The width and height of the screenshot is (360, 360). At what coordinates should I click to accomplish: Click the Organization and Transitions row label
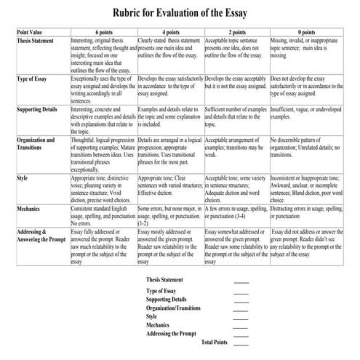[36, 142]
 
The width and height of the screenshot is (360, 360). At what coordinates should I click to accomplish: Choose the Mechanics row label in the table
[28, 208]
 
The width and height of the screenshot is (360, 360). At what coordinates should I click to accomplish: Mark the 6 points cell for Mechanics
[103, 215]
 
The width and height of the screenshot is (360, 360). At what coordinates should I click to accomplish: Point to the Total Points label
[214, 342]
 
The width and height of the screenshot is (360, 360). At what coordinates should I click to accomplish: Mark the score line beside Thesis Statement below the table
[241, 281]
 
